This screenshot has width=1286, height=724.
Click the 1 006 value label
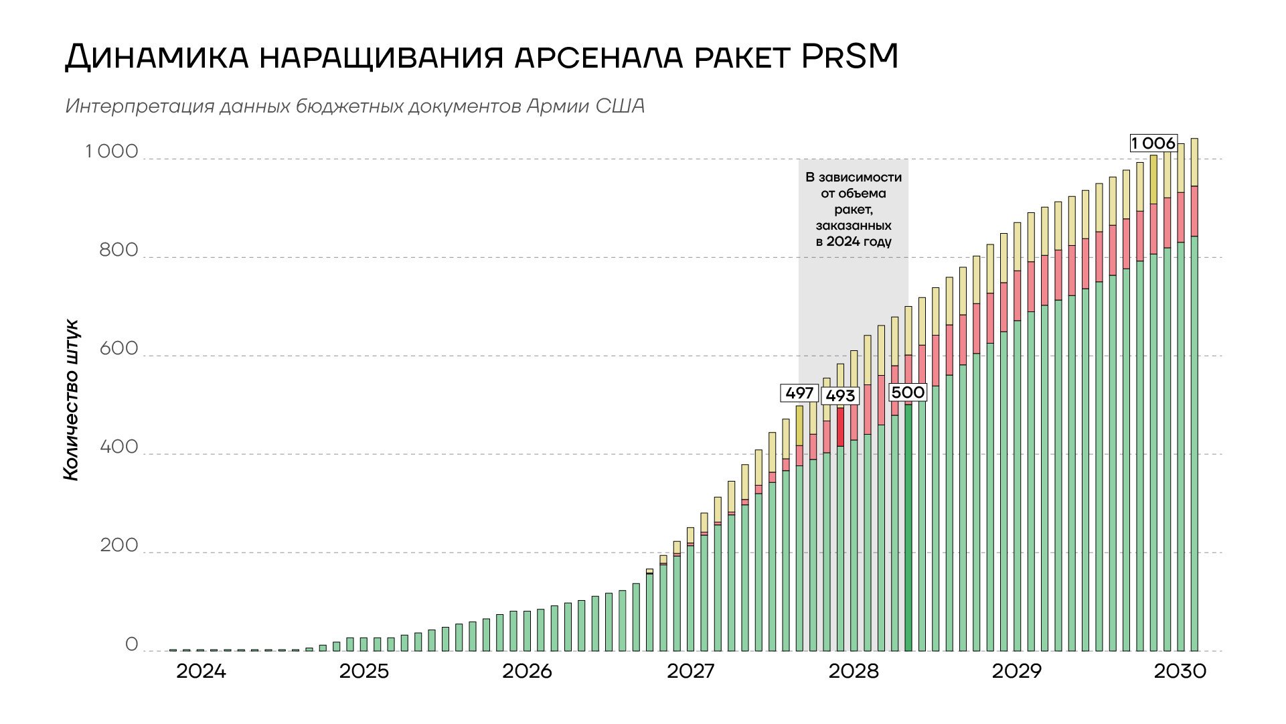(1153, 143)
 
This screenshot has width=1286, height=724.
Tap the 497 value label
(799, 393)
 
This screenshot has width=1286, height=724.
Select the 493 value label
(840, 396)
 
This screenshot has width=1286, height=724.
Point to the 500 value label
(908, 392)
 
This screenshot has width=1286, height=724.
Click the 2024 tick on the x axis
(201, 671)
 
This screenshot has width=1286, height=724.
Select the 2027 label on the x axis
(690, 671)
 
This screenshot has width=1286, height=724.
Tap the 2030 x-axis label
(1180, 671)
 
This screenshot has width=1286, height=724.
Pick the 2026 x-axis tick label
(527, 671)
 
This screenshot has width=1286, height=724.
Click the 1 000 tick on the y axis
(111, 152)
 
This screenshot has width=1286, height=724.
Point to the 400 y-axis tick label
(119, 447)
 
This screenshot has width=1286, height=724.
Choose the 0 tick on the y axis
(131, 644)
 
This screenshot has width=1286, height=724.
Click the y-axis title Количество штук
(72, 400)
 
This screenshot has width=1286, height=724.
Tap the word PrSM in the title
(850, 58)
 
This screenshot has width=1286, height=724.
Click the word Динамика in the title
(155, 58)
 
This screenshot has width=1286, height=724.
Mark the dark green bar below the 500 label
(908, 526)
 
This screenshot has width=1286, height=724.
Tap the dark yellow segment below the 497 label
(799, 425)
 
